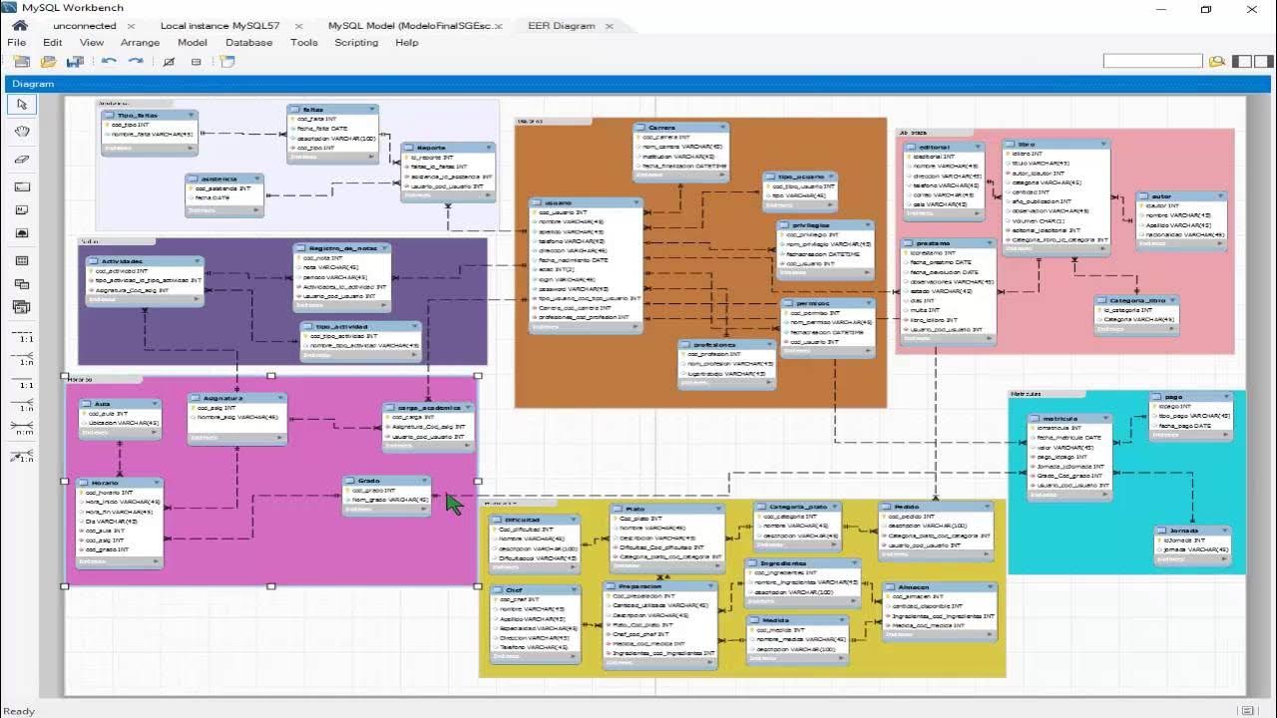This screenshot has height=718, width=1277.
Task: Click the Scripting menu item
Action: pyautogui.click(x=356, y=43)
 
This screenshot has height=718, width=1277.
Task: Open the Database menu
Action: pyautogui.click(x=248, y=43)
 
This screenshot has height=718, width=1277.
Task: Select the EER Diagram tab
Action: pyautogui.click(x=561, y=26)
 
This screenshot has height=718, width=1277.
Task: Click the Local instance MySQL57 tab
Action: pyautogui.click(x=219, y=26)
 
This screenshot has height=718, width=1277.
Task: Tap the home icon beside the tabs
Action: pyautogui.click(x=19, y=25)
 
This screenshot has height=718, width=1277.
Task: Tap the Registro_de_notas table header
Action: pyautogui.click(x=341, y=248)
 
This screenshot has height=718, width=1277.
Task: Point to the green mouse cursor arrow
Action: pyautogui.click(x=454, y=503)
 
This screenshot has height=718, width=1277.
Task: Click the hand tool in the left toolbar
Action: pyautogui.click(x=22, y=131)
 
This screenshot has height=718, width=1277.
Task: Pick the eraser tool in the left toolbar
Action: pyautogui.click(x=22, y=159)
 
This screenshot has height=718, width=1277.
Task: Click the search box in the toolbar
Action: pyautogui.click(x=1152, y=61)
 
